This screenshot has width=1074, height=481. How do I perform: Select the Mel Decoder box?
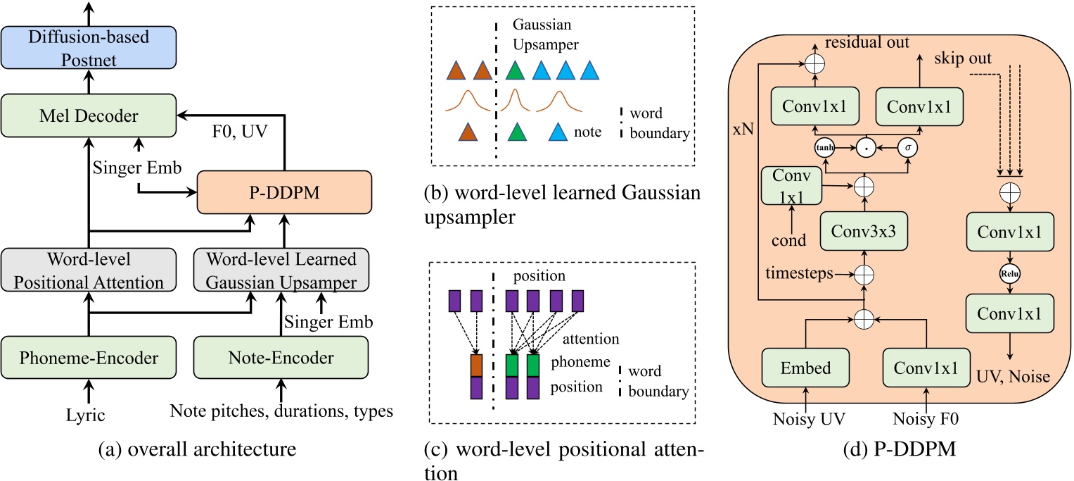89,116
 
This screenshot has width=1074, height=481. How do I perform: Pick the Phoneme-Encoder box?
89,357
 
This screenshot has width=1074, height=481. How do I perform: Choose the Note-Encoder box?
281,357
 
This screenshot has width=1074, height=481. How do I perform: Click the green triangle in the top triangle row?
516,70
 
